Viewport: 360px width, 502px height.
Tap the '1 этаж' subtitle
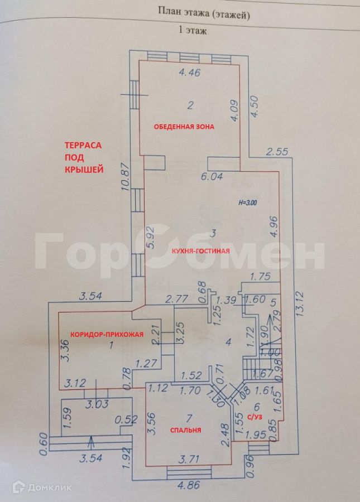click(192, 31)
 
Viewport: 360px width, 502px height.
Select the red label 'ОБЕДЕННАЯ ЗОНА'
click(184, 127)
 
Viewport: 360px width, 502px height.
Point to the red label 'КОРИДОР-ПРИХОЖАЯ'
click(107, 335)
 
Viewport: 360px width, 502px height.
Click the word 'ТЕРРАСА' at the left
click(82, 145)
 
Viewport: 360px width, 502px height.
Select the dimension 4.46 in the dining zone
click(189, 73)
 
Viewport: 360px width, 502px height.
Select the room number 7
click(189, 417)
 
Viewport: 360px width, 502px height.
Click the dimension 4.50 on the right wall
click(255, 106)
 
